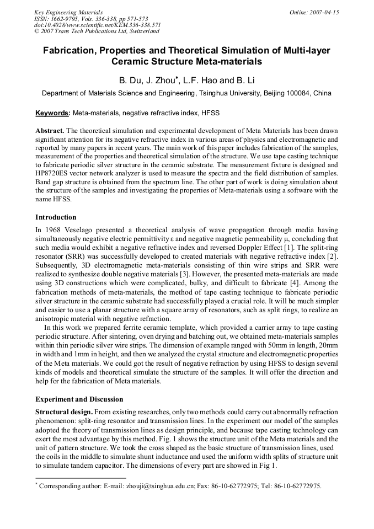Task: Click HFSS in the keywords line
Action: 210,113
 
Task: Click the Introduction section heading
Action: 56,217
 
